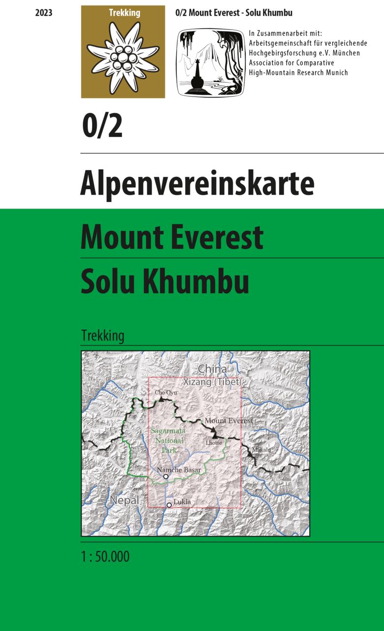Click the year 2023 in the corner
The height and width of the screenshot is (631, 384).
pyautogui.click(x=44, y=13)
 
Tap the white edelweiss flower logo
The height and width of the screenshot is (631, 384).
pyautogui.click(x=123, y=57)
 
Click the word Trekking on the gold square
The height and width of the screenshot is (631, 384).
pyautogui.click(x=123, y=13)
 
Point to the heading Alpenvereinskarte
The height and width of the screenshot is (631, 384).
pyautogui.click(x=197, y=184)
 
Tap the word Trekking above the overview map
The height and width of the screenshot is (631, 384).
pyautogui.click(x=102, y=336)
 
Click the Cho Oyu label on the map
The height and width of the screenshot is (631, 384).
pyautogui.click(x=165, y=392)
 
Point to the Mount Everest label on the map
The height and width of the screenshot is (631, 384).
pyautogui.click(x=228, y=421)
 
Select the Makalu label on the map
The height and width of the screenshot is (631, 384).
pyautogui.click(x=261, y=450)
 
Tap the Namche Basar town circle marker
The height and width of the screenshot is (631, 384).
pyautogui.click(x=166, y=477)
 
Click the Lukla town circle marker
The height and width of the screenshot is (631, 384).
pyautogui.click(x=169, y=505)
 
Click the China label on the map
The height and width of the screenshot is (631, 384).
pyautogui.click(x=212, y=369)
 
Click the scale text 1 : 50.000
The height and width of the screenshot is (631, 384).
pyautogui.click(x=105, y=557)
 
